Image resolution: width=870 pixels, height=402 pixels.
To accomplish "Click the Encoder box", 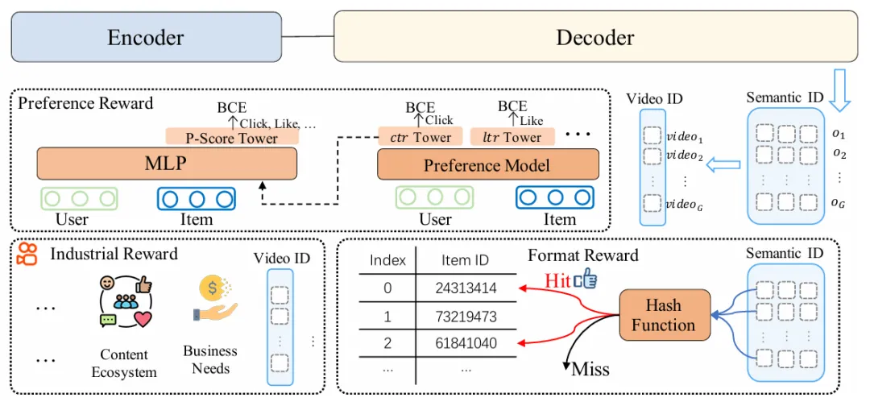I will (146, 37).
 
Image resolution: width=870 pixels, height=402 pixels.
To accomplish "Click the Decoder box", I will (594, 37).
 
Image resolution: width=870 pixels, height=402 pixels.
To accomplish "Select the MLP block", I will (167, 164).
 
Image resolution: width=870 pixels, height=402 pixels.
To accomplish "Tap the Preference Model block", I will (488, 164).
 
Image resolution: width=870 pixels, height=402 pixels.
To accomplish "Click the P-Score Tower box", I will (232, 138).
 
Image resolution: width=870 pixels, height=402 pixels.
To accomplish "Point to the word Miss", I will (590, 370).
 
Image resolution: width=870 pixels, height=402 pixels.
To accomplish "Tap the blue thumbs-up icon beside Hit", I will (585, 278).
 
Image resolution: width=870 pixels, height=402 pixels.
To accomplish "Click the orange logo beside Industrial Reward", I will (27, 254).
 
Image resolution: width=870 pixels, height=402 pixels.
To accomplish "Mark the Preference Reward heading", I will (85, 104).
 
